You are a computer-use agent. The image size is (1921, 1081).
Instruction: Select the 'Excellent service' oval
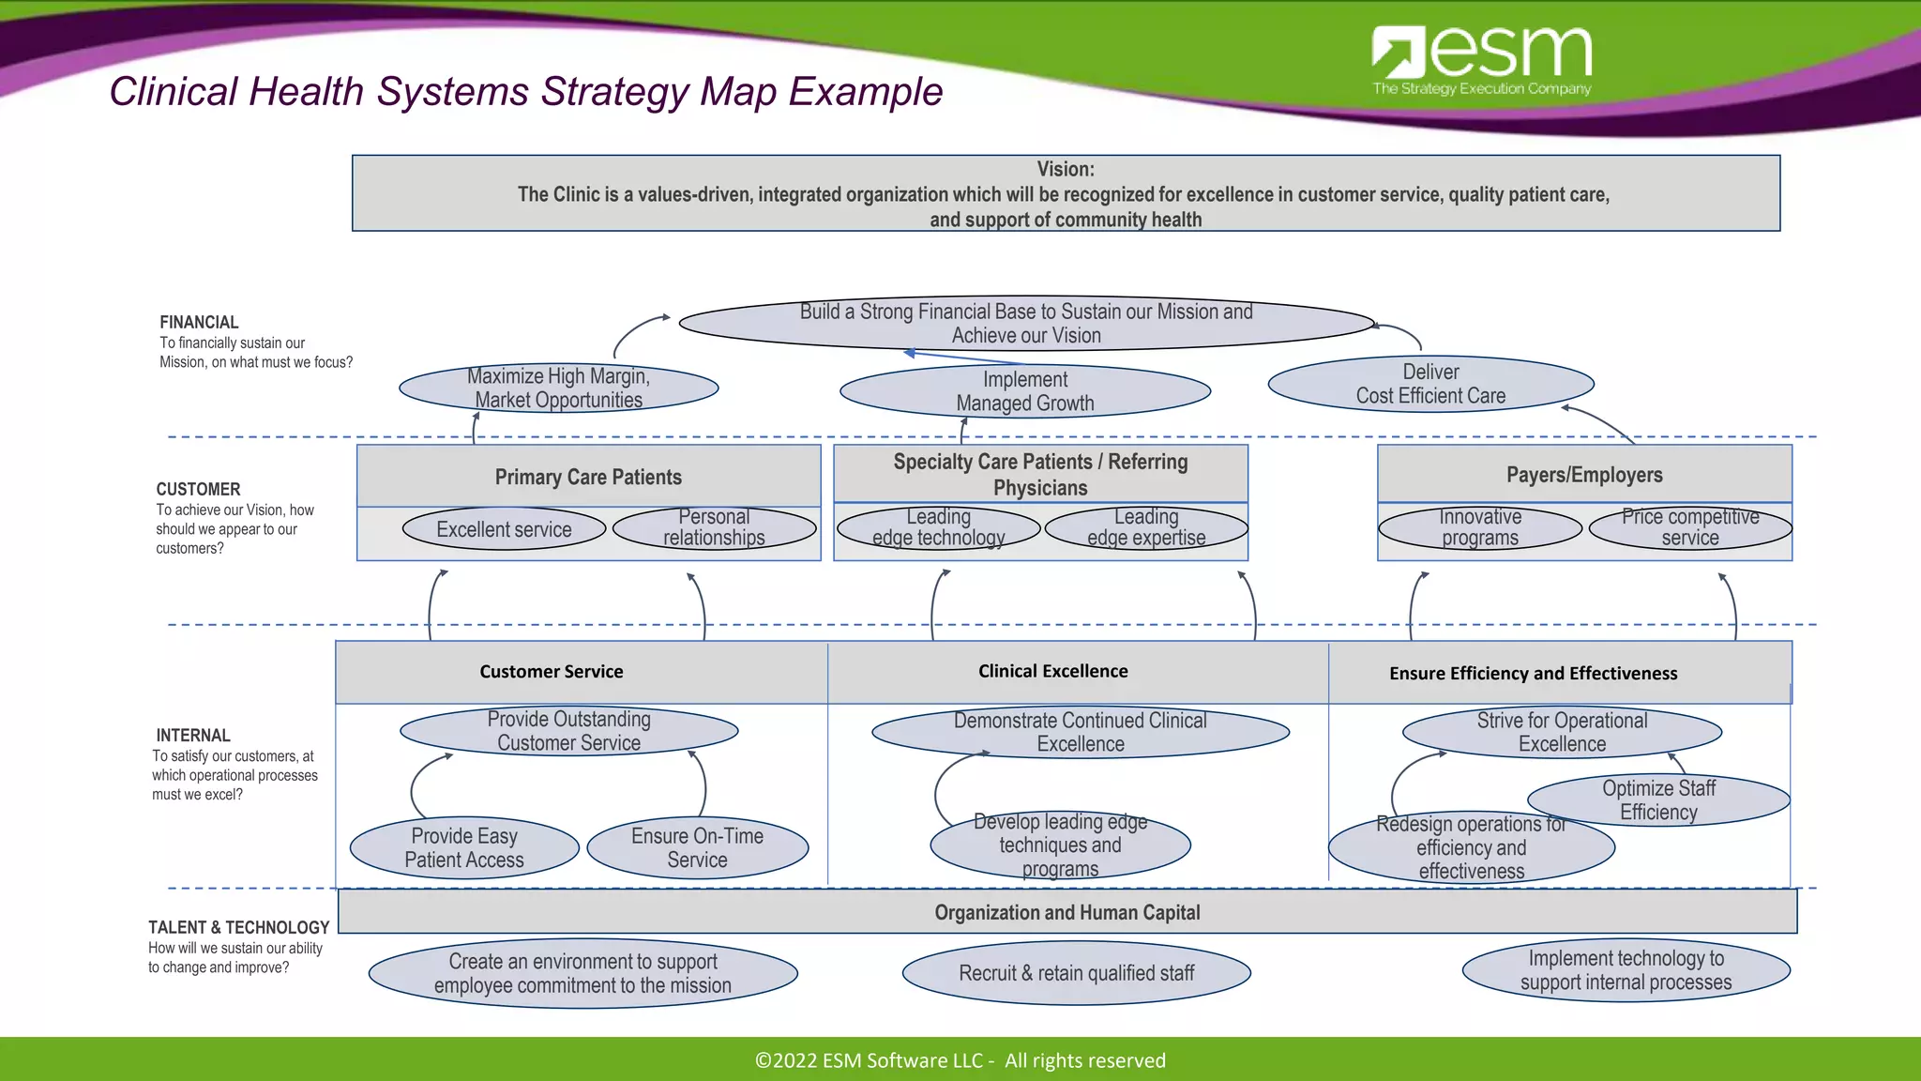(504, 529)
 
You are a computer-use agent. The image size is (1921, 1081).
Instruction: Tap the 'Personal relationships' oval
(714, 527)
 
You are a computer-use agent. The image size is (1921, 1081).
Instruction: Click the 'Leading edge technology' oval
(938, 527)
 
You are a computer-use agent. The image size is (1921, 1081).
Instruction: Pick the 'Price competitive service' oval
(1690, 527)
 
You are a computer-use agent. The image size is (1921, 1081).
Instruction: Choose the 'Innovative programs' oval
(1480, 527)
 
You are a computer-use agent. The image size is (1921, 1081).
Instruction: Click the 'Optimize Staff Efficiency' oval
(1658, 800)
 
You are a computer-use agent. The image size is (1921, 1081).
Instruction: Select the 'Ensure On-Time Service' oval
(697, 847)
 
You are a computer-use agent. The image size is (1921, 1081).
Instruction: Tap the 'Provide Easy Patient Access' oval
(464, 847)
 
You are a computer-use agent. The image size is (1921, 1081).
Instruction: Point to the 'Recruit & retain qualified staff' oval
(1076, 973)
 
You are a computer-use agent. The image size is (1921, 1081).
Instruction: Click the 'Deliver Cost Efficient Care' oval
(1430, 384)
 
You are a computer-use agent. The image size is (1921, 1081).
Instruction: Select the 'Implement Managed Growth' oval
(1025, 391)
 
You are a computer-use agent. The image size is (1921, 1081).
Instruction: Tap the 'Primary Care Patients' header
(588, 477)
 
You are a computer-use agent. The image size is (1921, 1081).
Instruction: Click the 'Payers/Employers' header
(1584, 475)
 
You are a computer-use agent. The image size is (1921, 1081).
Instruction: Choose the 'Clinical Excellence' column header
(1052, 671)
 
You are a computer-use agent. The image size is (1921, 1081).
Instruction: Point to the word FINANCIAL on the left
(199, 322)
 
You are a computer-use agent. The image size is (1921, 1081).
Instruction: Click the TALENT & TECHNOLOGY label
(238, 927)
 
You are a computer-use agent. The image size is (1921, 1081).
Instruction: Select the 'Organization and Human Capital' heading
(1066, 912)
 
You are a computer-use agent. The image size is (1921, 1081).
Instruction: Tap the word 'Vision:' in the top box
(1066, 169)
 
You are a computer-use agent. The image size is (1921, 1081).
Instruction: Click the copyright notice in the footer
(960, 1060)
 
